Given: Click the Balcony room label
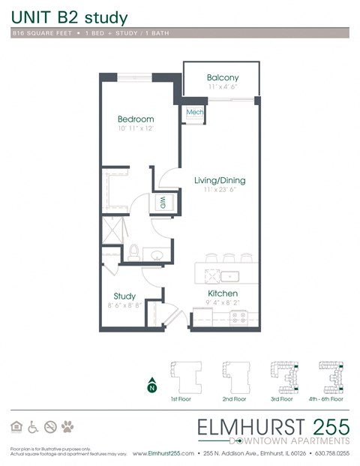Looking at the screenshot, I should click(x=223, y=78).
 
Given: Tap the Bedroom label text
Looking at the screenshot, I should click(x=136, y=119).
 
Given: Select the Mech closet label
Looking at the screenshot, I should click(x=195, y=113).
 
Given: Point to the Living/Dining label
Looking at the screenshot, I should click(x=220, y=181).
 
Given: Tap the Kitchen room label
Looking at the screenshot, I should click(x=223, y=293).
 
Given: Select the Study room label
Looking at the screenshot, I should click(x=124, y=296).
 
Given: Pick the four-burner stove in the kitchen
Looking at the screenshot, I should click(x=240, y=318).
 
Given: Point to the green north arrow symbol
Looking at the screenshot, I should click(x=151, y=386).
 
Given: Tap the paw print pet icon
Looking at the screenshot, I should click(x=68, y=427).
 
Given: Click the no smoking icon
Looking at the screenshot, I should click(x=51, y=427).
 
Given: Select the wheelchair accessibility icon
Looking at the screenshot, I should click(x=34, y=427).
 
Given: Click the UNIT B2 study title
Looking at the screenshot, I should click(x=69, y=18).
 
